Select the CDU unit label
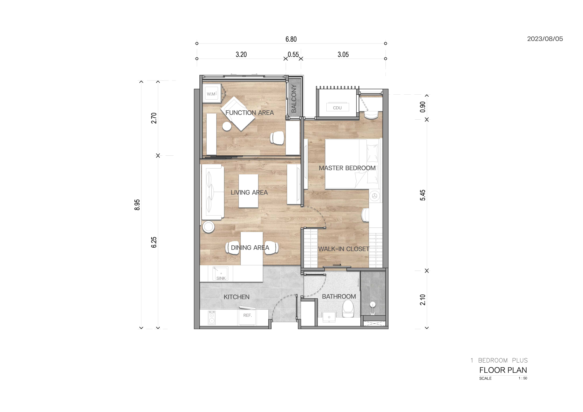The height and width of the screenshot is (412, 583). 337,108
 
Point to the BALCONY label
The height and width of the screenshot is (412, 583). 294,99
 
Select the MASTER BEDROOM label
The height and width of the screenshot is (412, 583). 347,168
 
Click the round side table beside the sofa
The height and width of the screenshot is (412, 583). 209,227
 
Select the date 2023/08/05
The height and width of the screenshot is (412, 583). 545,39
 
